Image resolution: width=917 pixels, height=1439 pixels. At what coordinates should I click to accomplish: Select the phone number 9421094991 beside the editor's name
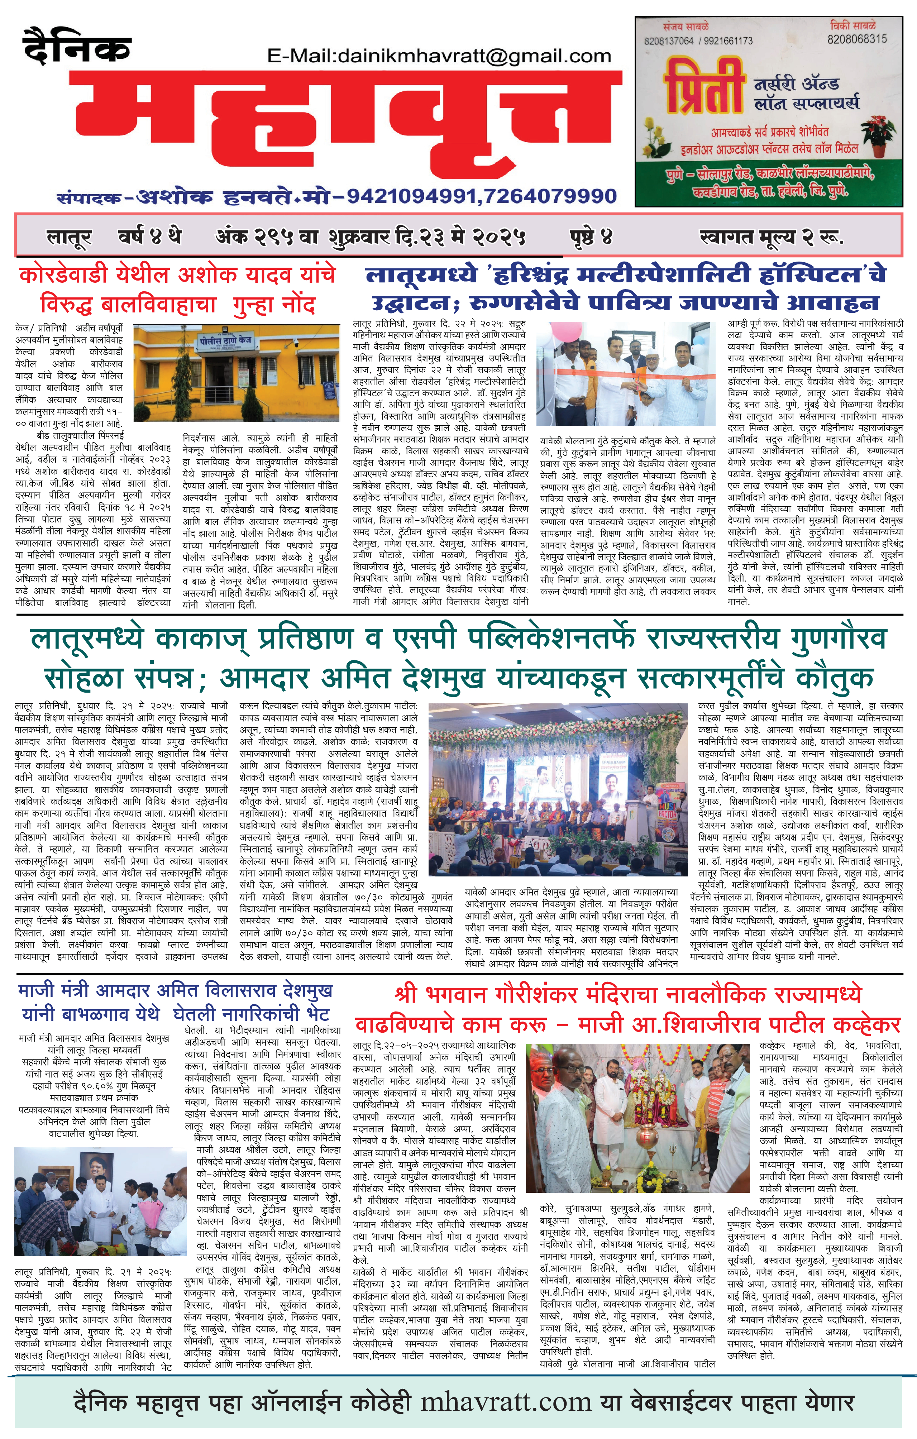tap(411, 195)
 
